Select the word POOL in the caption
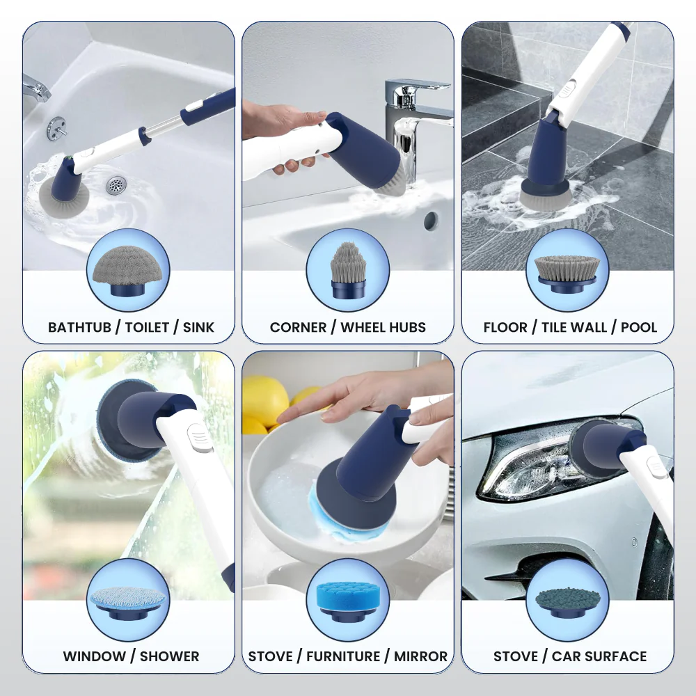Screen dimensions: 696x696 [640, 327]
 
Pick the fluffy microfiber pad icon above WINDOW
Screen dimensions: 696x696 [127, 599]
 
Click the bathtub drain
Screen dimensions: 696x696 [116, 185]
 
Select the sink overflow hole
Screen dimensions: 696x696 [431, 221]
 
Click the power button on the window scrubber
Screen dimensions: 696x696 [199, 440]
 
